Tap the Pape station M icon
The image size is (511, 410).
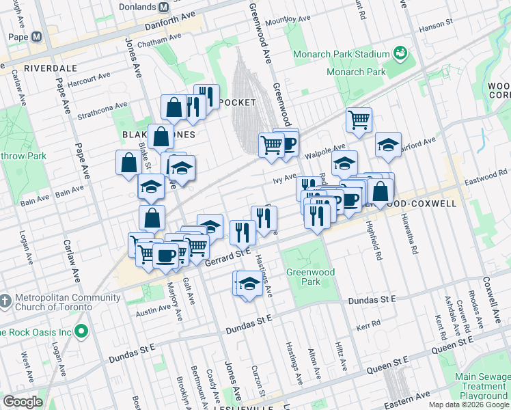pos(36,36)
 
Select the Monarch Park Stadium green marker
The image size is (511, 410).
pos(400,53)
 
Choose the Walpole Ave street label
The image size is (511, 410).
pos(326,150)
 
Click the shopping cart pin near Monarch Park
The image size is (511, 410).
pos(358,120)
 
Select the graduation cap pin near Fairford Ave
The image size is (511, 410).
pos(387,145)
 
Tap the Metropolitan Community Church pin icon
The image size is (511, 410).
pos(5,301)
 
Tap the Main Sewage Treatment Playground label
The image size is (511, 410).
pos(482,386)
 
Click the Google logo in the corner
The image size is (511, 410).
pos(23,402)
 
